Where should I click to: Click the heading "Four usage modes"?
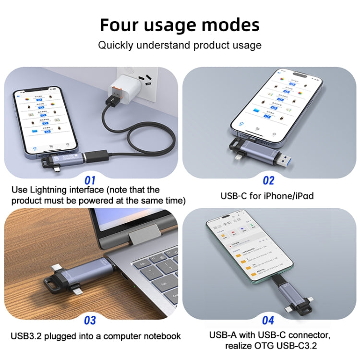pyautogui.click(x=180, y=24)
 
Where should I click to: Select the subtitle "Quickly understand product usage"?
pyautogui.click(x=180, y=46)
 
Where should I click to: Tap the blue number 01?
pyautogui.click(x=90, y=180)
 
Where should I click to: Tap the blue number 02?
pyautogui.click(x=268, y=180)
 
